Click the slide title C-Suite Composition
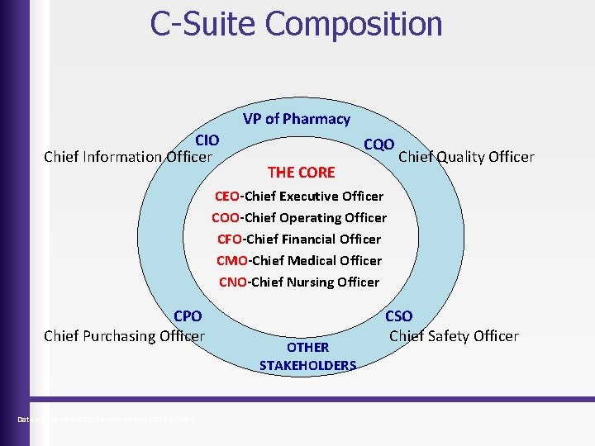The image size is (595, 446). click(296, 24)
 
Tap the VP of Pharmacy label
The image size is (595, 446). click(297, 119)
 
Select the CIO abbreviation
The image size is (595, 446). click(207, 140)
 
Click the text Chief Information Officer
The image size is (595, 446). click(128, 156)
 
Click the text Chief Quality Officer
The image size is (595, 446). click(466, 157)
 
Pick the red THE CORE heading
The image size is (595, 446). click(302, 173)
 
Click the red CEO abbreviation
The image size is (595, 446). click(226, 197)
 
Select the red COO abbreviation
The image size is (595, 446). click(226, 218)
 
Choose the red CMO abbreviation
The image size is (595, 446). click(231, 261)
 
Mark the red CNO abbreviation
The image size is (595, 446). click(233, 282)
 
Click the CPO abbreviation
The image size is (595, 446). click(188, 316)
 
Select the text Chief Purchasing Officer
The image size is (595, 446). click(124, 335)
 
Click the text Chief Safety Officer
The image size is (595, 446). click(454, 335)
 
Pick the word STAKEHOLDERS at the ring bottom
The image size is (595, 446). click(307, 365)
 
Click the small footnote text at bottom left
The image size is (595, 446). click(108, 420)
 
